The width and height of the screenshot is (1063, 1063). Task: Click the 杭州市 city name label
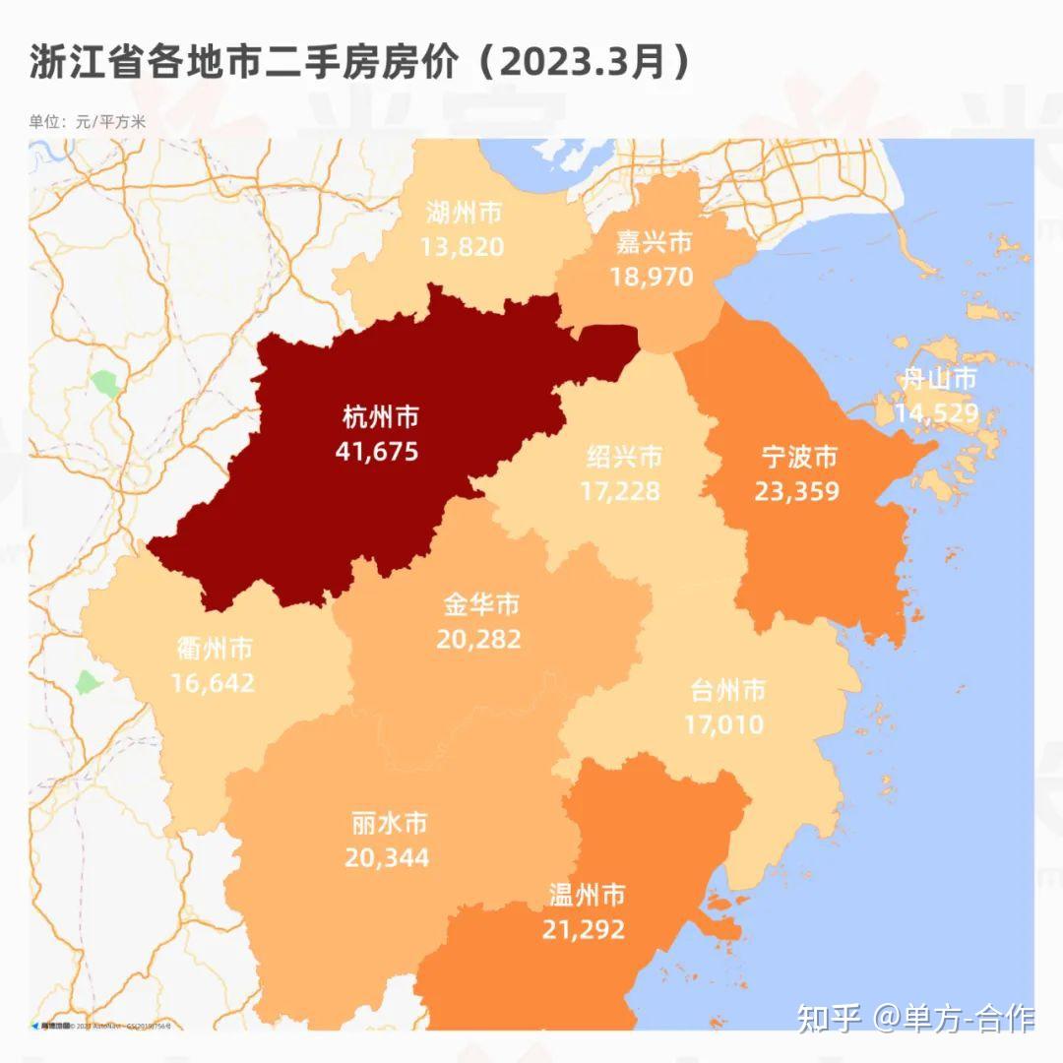pos(380,417)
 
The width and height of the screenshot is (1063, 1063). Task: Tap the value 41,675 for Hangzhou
pos(377,451)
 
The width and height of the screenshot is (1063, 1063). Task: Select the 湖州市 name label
pos(465,212)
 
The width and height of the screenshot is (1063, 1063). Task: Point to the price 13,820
pos(463,245)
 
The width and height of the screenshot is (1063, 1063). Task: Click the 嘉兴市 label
pos(654,242)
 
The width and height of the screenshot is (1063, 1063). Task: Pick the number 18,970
pos(652,277)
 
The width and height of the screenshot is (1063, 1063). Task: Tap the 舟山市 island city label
pos(939,379)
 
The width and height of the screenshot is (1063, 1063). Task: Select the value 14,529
pos(937,412)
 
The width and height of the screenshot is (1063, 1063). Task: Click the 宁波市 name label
pos(799,457)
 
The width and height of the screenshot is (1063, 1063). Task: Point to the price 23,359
pos(797,490)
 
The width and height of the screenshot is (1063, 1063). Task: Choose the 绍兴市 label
pos(624,457)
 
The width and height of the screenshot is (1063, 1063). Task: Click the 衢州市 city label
pos(214,649)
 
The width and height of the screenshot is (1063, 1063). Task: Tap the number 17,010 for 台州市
pos(724,725)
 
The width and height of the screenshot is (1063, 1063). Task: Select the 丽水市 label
pos(389,823)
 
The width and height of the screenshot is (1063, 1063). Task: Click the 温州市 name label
pos(586,895)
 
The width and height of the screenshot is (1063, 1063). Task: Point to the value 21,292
pos(583,928)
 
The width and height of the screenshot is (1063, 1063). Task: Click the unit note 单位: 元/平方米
pos(88,122)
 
